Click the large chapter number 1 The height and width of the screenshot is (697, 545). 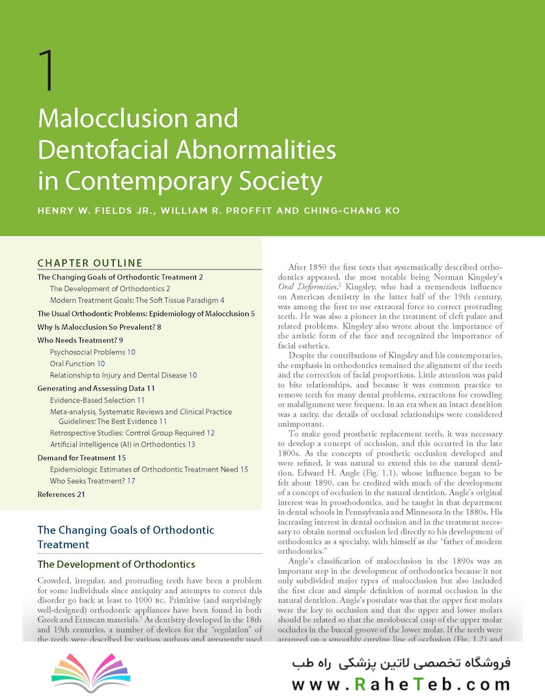pyautogui.click(x=46, y=70)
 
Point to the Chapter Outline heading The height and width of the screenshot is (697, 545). pyautogui.click(x=90, y=263)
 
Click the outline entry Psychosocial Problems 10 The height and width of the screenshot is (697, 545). pyautogui.click(x=92, y=352)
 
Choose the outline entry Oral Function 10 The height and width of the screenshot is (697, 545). pyautogui.click(x=77, y=363)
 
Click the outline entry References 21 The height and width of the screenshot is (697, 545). pyautogui.click(x=61, y=494)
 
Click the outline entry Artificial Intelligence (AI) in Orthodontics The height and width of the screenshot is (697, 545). pyautogui.click(x=123, y=444)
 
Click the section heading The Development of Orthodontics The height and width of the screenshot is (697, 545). pyautogui.click(x=116, y=565)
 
